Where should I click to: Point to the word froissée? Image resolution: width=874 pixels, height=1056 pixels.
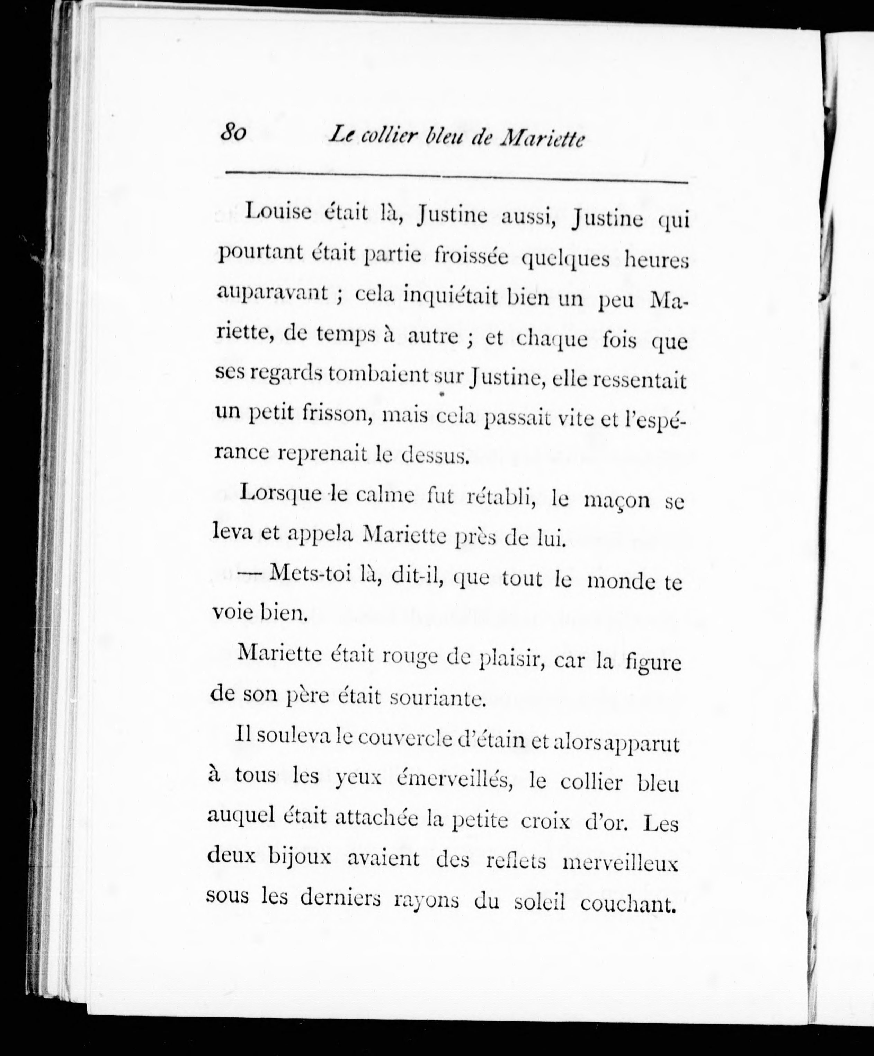coord(471,256)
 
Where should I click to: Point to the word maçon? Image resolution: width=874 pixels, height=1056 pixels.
coord(618,501)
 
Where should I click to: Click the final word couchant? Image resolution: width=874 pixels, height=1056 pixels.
coord(626,904)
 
